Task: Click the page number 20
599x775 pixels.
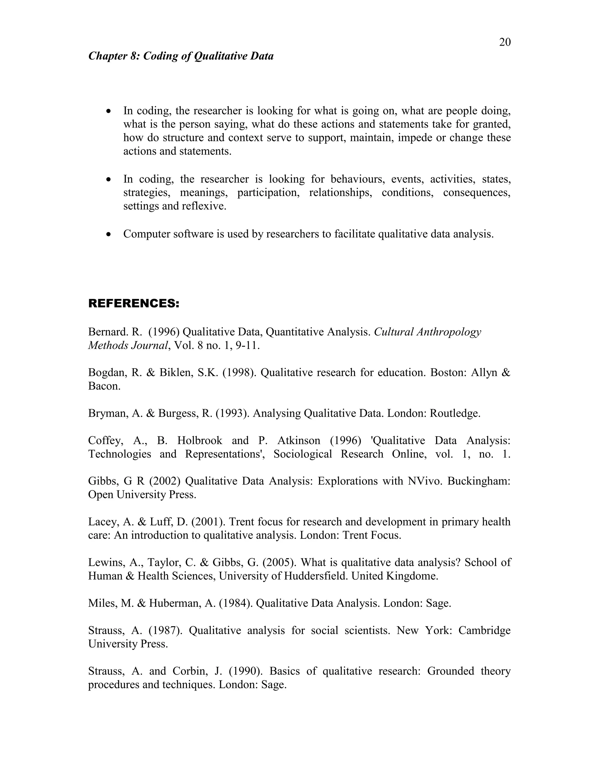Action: coord(505,42)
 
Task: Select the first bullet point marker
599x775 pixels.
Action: coord(109,111)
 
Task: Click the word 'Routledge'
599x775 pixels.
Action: coord(455,414)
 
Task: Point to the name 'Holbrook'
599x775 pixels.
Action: coord(200,440)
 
